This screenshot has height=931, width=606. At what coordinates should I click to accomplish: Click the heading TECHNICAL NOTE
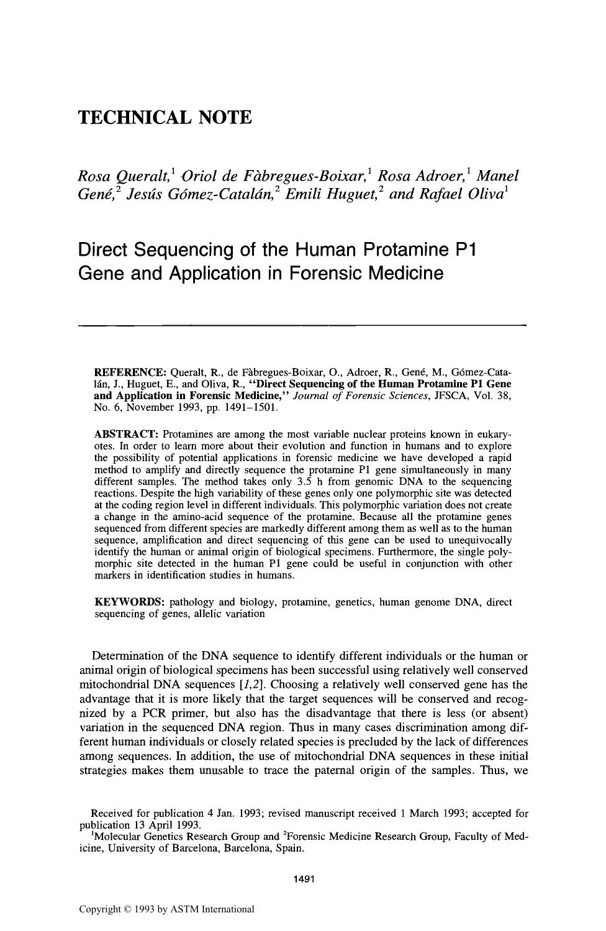point(165,117)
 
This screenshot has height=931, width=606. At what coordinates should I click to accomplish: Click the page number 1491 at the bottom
point(304,878)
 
